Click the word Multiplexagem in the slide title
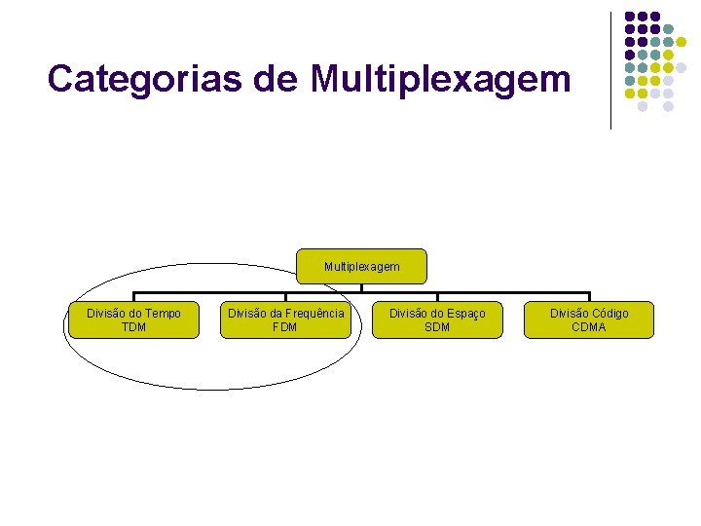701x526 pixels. [441, 80]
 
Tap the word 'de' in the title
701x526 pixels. [277, 79]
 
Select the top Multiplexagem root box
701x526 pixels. [361, 266]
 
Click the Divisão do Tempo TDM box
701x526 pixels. [133, 319]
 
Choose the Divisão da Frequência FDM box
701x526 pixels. [285, 319]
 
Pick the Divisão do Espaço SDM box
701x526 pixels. [437, 319]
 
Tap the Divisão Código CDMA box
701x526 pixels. [589, 319]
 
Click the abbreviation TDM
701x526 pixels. [133, 327]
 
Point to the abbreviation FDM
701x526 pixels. [285, 327]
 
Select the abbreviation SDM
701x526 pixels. [437, 327]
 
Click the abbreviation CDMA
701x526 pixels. [589, 327]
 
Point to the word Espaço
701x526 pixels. [464, 314]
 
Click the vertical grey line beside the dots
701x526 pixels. [610, 70]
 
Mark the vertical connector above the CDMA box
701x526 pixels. [589, 297]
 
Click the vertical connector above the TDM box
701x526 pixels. [133, 297]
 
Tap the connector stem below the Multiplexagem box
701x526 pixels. [361, 287]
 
